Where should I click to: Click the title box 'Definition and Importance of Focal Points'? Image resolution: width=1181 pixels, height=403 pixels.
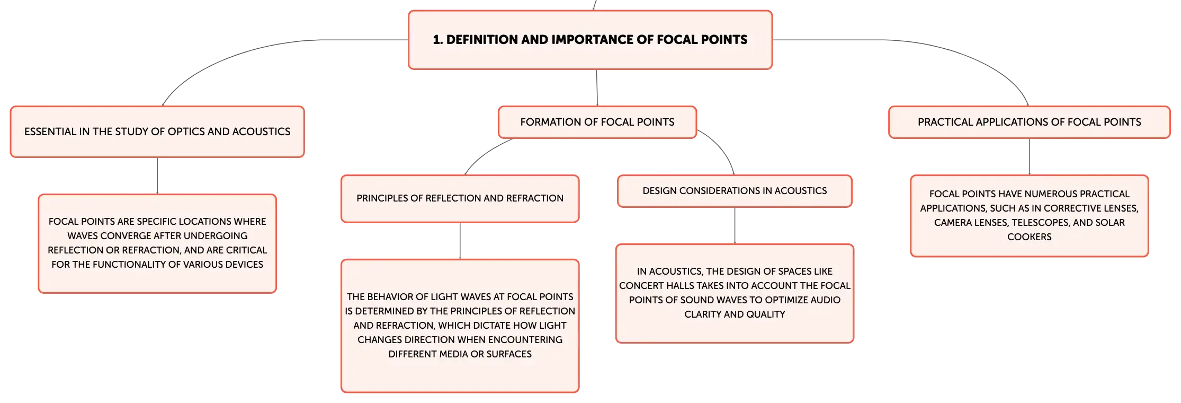tap(590, 40)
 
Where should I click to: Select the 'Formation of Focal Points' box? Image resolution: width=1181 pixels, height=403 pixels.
tap(597, 122)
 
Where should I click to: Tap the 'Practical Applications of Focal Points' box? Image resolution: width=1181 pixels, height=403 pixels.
tap(1029, 122)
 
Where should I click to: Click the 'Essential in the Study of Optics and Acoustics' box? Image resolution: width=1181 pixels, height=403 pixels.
tap(157, 132)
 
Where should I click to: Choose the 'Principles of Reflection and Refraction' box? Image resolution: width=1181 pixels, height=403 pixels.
tap(460, 198)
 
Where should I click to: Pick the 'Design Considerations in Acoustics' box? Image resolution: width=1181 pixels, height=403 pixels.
tap(735, 191)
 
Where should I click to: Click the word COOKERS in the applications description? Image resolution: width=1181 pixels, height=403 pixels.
tap(1029, 237)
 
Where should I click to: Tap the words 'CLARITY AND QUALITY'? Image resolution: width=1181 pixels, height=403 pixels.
tap(735, 314)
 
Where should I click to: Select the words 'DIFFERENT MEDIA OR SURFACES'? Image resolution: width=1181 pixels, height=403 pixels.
tap(460, 354)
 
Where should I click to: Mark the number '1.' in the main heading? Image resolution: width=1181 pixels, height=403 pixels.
tap(437, 40)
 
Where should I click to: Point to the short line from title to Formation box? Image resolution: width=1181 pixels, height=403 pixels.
tap(597, 87)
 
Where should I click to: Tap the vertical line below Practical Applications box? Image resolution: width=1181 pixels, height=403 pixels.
tap(1029, 156)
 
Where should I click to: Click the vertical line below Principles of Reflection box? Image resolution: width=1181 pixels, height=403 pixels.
tap(460, 241)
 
